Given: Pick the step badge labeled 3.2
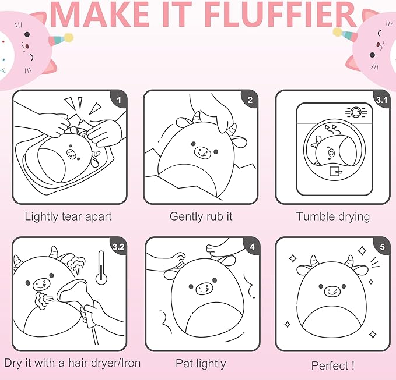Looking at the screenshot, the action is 119,246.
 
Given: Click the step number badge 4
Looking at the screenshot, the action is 252,246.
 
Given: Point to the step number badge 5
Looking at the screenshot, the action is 383,246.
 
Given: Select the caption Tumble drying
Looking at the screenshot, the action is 333,216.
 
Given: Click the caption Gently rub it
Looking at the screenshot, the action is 201,216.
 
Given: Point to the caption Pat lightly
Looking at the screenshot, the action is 201,364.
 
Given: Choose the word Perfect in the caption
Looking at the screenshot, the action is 329,365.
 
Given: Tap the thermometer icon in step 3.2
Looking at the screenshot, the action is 101,268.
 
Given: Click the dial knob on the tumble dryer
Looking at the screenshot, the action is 356,112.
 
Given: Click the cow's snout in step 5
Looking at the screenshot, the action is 332,292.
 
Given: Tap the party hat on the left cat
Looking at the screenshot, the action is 61,38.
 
